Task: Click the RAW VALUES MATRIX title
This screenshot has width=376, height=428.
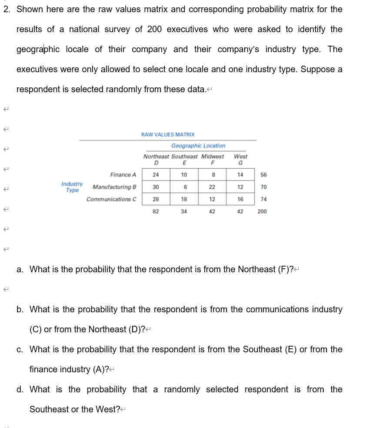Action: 168,135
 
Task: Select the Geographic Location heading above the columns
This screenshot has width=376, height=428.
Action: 198,146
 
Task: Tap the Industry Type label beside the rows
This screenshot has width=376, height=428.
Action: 72,187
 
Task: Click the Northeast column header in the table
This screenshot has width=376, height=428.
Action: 156,156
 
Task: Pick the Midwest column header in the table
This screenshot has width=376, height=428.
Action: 213,156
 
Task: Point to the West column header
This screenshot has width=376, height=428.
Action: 240,156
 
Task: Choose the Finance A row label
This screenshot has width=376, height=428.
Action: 123,175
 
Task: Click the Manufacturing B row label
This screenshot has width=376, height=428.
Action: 114,187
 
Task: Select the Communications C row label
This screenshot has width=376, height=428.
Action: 111,199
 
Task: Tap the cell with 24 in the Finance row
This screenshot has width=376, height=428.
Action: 156,175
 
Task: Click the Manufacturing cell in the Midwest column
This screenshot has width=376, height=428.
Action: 212,187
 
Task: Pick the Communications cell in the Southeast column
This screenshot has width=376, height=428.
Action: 184,199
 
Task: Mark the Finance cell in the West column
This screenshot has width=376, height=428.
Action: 240,175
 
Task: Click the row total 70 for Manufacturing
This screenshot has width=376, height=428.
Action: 263,187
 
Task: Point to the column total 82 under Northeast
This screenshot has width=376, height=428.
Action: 156,211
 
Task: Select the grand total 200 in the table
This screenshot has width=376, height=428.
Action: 262,211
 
